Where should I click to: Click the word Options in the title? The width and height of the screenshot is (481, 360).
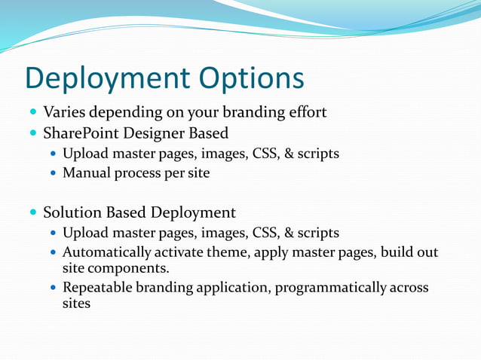tap(252, 79)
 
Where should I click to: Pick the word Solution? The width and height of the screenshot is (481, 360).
tap(71, 212)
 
